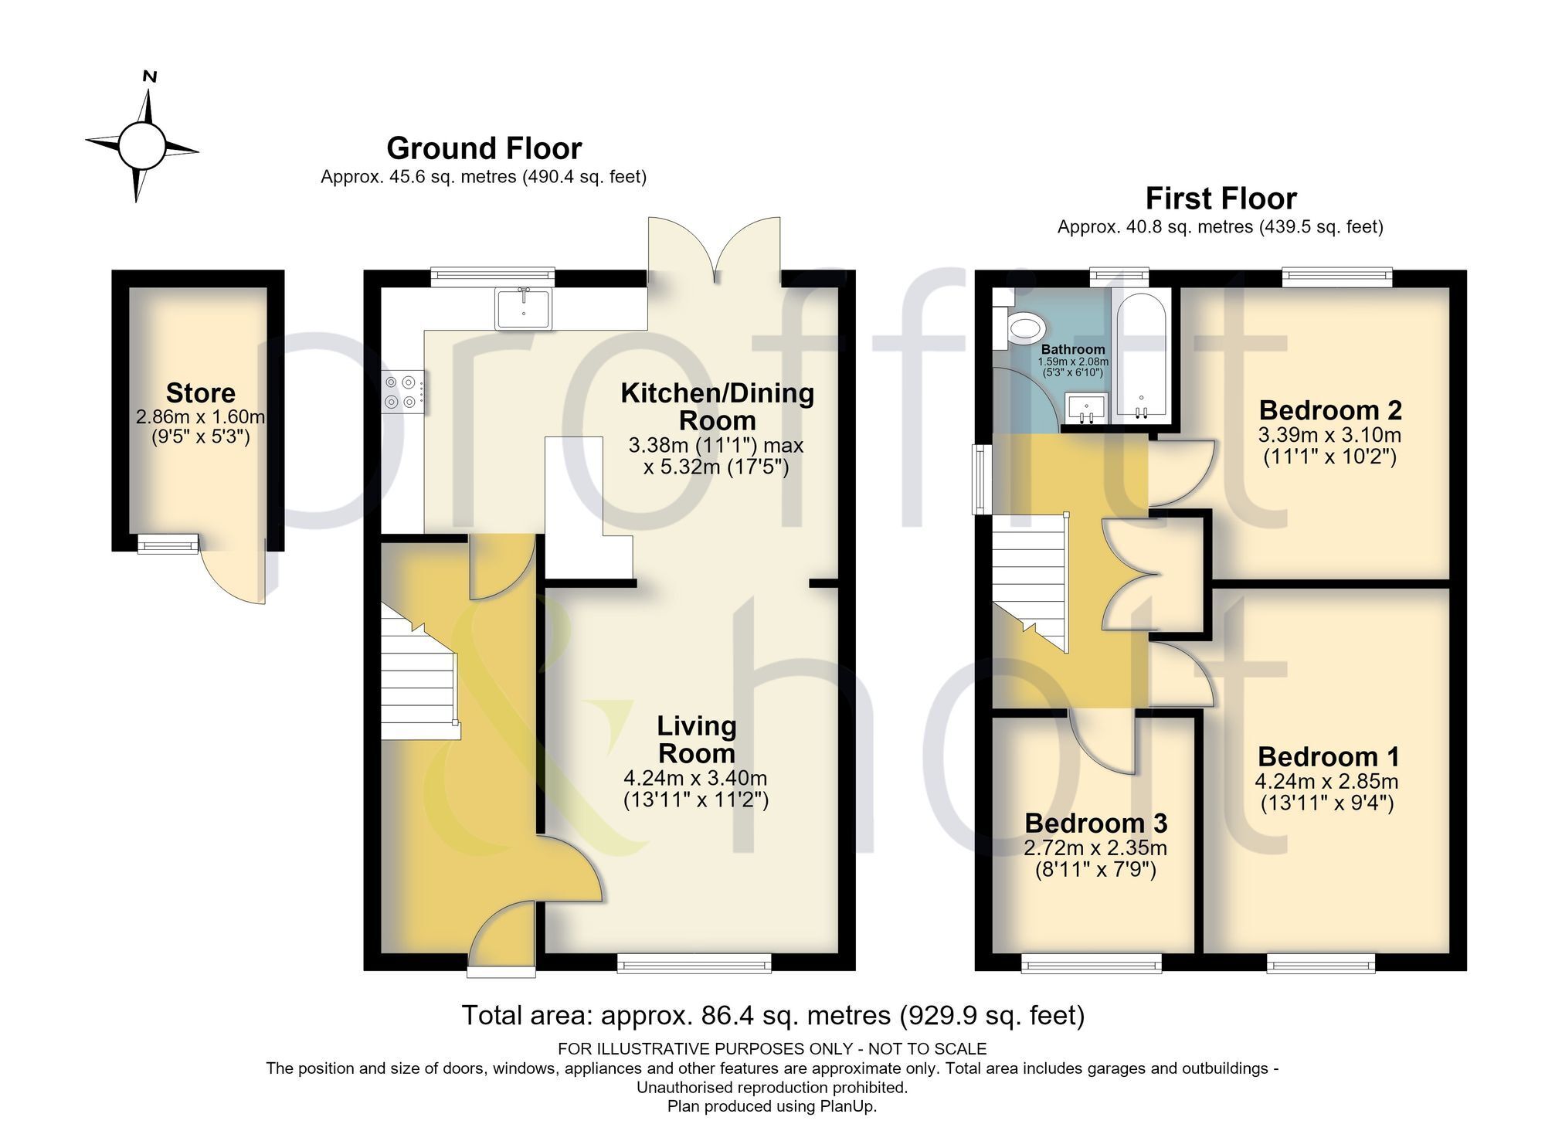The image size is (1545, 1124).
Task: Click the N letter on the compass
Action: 151,76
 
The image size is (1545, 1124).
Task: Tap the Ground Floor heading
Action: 484,148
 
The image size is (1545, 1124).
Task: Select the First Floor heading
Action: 1221,199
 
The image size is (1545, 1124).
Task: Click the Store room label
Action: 201,392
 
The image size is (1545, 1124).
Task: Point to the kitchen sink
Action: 524,307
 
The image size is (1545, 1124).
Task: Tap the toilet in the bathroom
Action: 1020,328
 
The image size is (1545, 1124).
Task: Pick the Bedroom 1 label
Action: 1328,756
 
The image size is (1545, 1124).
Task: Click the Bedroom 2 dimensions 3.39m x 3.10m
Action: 1329,435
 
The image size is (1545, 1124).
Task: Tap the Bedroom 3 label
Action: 1095,823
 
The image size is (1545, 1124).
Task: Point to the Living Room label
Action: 696,739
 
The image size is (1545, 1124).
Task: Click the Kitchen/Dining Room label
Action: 718,407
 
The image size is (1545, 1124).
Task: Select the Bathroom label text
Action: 1073,350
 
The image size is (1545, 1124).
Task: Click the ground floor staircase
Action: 418,671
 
